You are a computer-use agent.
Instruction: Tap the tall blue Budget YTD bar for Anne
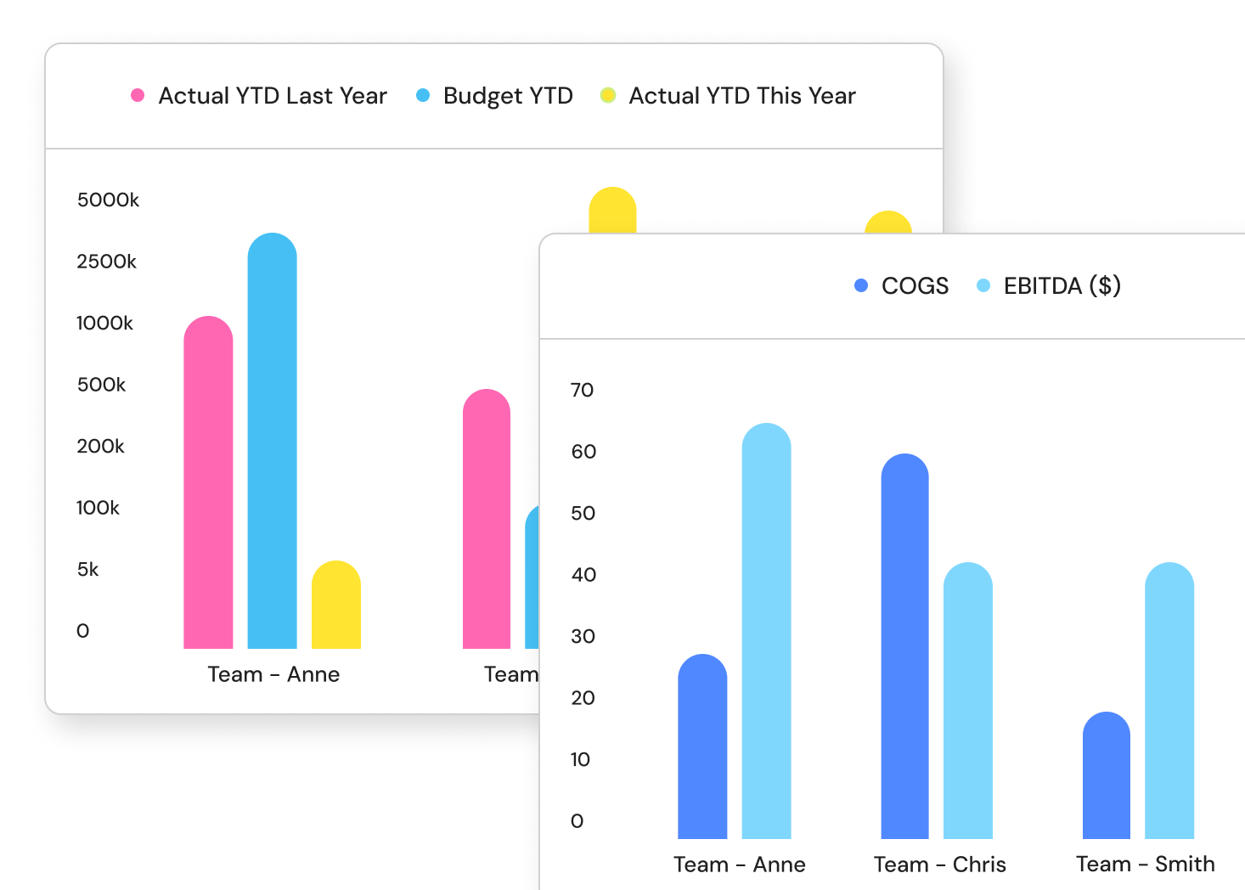click(272, 441)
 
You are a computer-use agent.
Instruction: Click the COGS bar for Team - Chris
click(904, 646)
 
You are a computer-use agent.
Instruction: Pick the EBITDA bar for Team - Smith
click(1169, 701)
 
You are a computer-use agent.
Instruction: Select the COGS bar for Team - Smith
click(1106, 775)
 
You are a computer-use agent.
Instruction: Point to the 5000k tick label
click(108, 200)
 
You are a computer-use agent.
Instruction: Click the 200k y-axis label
click(100, 447)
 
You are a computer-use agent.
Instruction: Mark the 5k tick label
click(87, 570)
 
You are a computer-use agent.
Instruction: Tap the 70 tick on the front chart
click(582, 391)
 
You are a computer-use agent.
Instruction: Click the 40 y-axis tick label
click(583, 575)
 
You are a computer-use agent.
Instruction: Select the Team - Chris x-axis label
click(940, 865)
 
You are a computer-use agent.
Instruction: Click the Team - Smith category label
click(1145, 865)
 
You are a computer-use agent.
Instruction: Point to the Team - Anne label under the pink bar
click(273, 674)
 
